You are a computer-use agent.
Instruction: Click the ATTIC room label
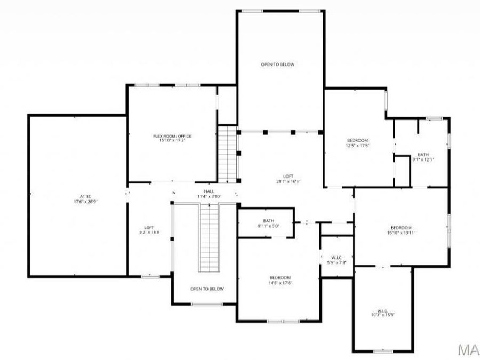pos(78,196)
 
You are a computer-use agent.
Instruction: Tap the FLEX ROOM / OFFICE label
pos(172,136)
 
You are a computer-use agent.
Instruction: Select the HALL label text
pos(209,191)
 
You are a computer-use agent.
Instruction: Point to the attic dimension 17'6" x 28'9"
pos(78,202)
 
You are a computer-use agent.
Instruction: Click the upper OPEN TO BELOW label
pos(277,65)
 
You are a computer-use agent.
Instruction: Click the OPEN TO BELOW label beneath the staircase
pos(207,289)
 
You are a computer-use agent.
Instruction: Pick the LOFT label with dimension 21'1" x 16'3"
pos(288,177)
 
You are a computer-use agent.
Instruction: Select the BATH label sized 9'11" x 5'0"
pos(268,221)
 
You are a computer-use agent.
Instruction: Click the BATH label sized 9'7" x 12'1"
pos(423,154)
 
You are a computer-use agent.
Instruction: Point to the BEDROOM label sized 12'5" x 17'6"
pos(357,140)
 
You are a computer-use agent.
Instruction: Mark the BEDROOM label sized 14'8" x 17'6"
pos(279,277)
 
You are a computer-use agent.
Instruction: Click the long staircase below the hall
pos(210,237)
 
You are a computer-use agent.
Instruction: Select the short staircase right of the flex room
pos(227,154)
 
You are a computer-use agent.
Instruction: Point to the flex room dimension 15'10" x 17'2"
pos(172,141)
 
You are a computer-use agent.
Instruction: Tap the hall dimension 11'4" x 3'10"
pos(209,196)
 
